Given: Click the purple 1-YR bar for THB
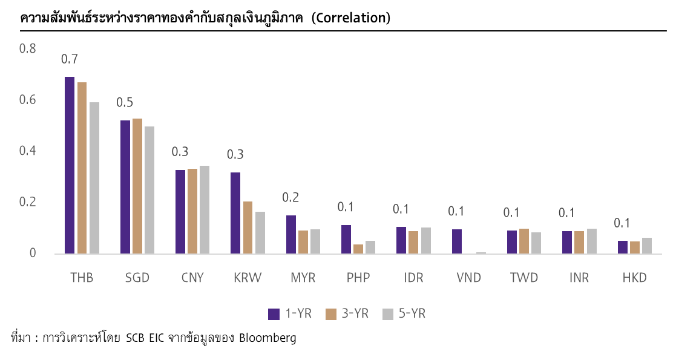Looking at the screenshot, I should click(70, 165).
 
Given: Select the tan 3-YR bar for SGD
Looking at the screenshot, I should click(137, 186).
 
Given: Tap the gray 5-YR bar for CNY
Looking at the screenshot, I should click(205, 209).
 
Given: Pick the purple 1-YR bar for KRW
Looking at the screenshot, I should click(235, 213).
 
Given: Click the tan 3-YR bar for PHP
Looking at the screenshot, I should click(358, 249).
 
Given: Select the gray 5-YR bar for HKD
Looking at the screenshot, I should click(647, 246).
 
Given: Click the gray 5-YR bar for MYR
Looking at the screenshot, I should click(315, 241).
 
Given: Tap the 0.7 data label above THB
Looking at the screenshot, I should click(70, 59).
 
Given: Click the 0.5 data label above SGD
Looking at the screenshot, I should click(125, 103).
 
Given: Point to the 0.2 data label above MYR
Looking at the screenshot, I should click(291, 197).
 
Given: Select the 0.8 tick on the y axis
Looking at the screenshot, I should click(28, 48).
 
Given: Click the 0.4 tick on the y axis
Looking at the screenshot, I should click(28, 151).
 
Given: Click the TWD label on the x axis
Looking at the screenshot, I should click(524, 278).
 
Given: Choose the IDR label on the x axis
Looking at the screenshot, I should click(413, 278).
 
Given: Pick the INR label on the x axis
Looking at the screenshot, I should click(579, 278).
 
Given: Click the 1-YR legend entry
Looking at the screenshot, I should click(290, 313).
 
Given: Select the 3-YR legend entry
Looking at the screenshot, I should click(347, 313).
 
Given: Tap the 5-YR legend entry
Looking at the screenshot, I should click(404, 313).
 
